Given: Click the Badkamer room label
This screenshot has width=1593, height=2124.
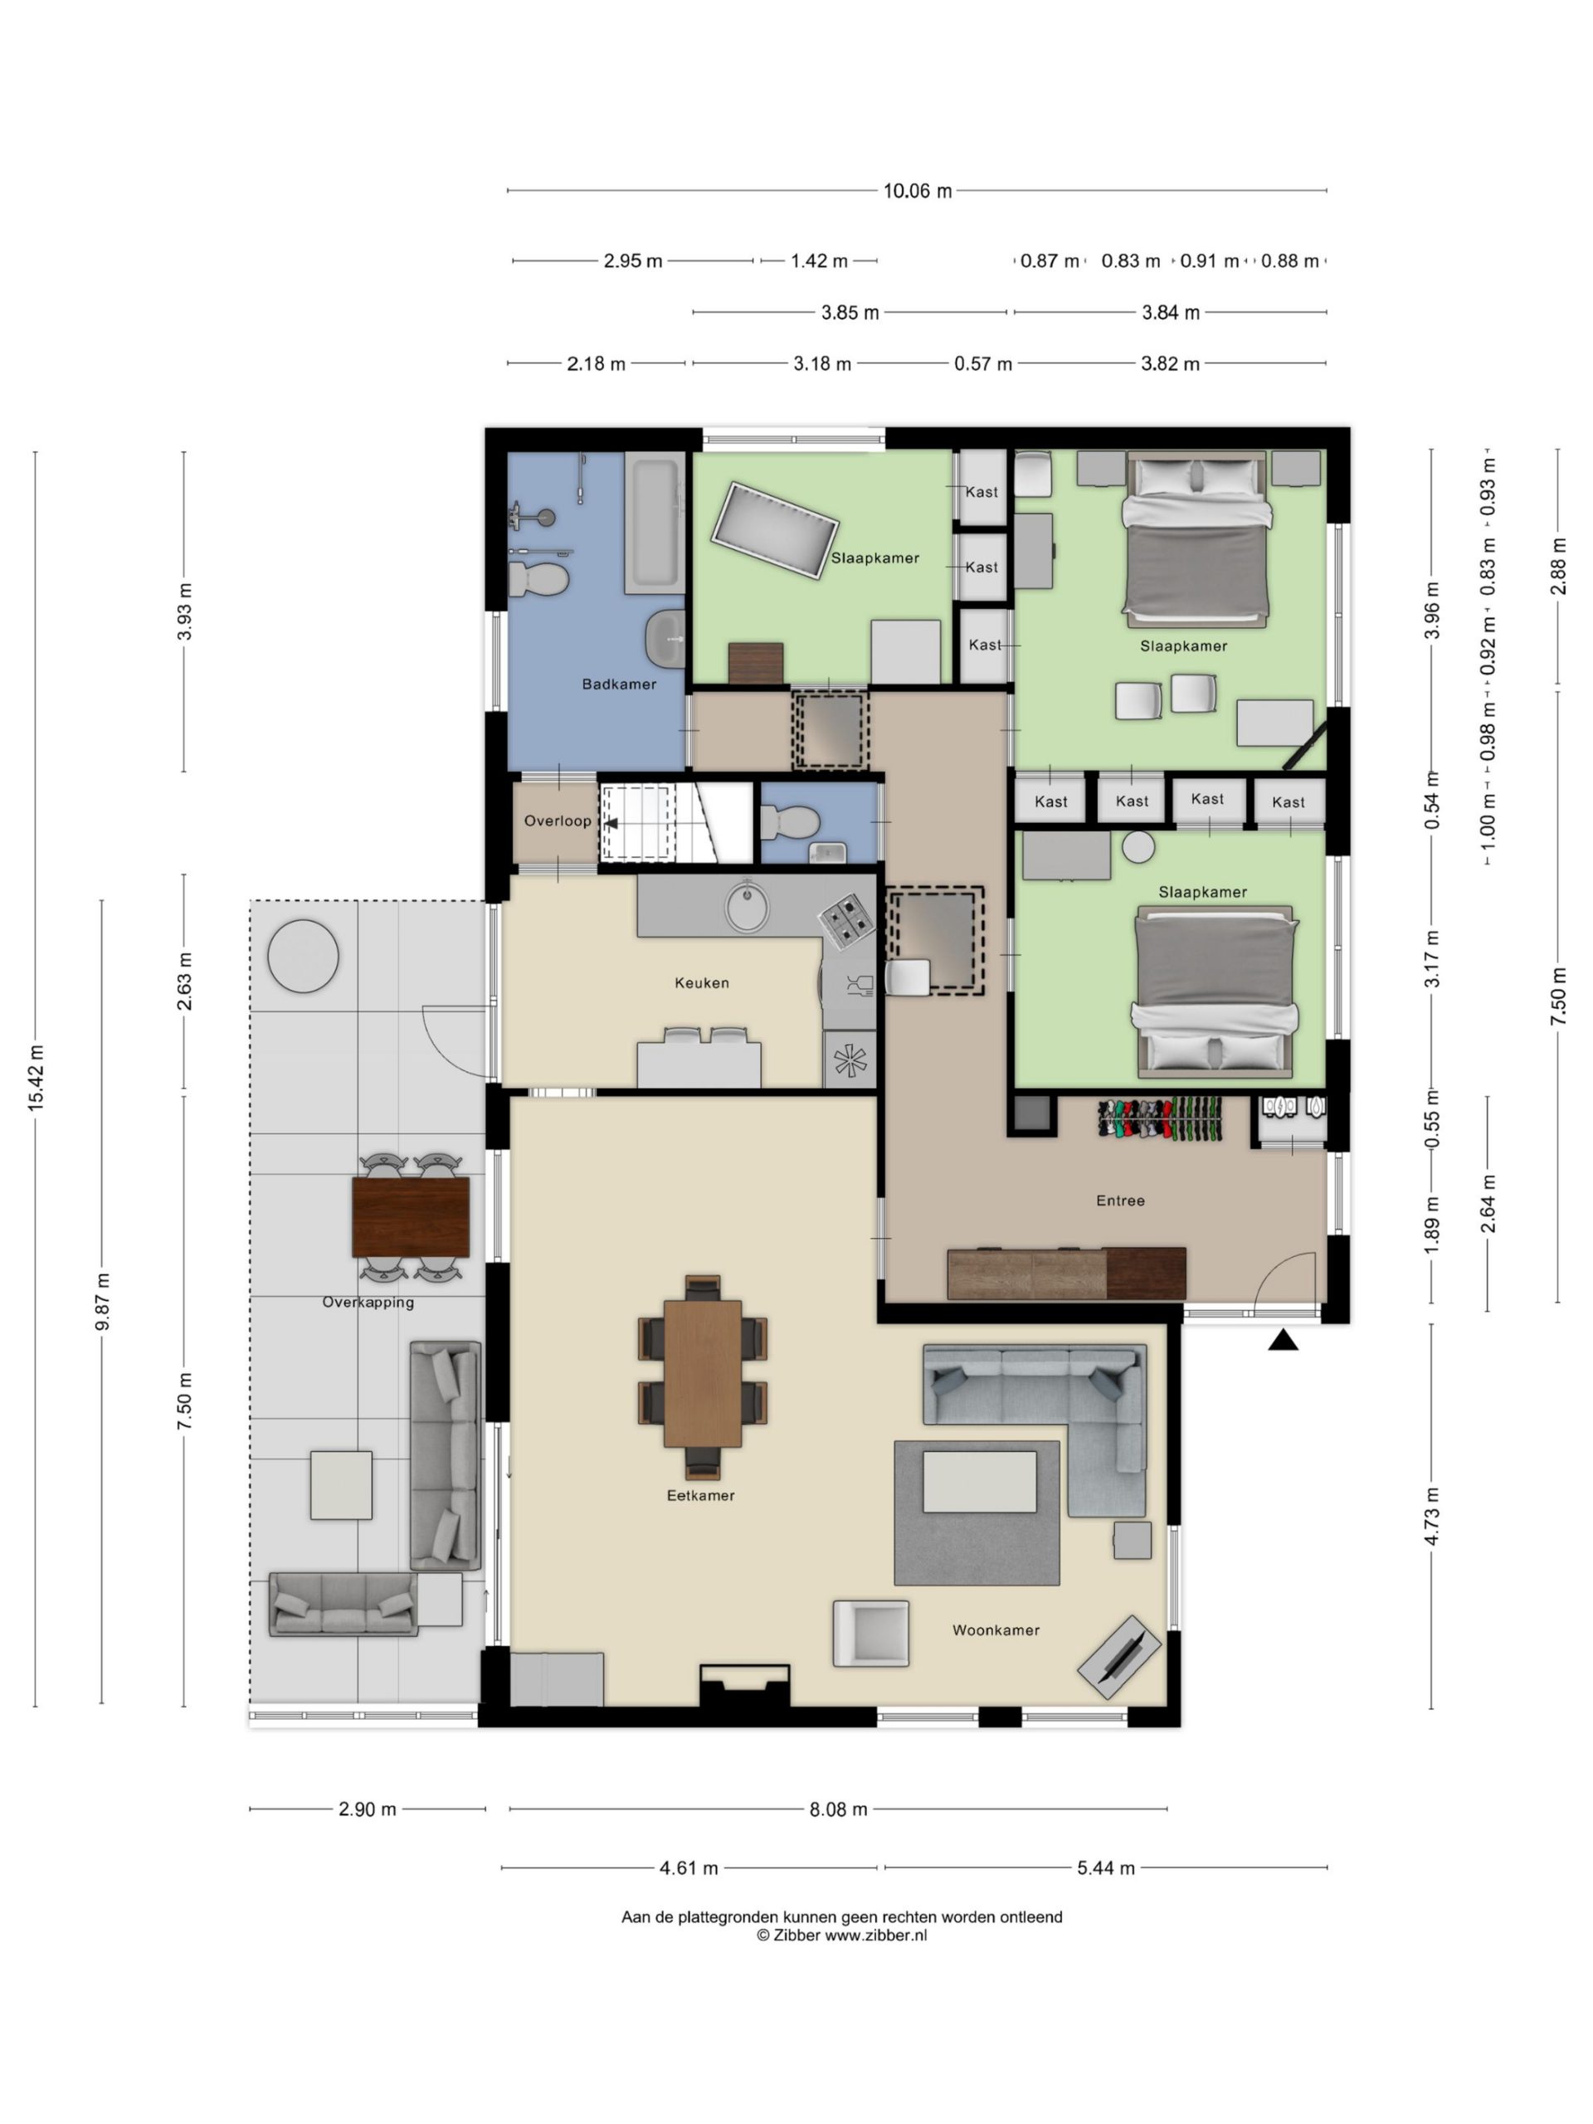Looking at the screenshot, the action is pos(618,684).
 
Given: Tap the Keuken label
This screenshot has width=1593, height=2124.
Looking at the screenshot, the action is pos(701,982).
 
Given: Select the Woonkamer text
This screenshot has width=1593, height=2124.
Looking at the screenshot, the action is pos(995,1630).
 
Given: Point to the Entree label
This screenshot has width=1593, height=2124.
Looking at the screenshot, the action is pos(1119,1201).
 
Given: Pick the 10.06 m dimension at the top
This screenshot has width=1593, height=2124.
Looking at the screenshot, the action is pos(917,191).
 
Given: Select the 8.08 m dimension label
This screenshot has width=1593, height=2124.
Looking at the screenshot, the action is pos(837,1809).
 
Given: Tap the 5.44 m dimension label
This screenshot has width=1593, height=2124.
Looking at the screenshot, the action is pos(1105,1868).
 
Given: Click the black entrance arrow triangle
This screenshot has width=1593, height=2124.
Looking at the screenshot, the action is pos(1283,1341).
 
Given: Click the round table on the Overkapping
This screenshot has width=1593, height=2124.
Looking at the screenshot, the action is pos(303,956).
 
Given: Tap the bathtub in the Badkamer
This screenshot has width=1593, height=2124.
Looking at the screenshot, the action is pos(654,524).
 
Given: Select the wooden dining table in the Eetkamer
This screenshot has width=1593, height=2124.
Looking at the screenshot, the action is pos(702,1373).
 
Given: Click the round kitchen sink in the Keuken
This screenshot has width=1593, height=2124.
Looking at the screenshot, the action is pos(747,907).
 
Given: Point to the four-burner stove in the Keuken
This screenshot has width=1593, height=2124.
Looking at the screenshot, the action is pos(847,919).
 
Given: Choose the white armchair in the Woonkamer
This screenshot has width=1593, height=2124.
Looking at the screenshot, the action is pos(870,1632).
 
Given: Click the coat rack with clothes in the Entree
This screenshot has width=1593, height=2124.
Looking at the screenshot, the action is pos(1160,1118).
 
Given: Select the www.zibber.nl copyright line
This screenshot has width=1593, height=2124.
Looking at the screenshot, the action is pos(841,1935).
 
